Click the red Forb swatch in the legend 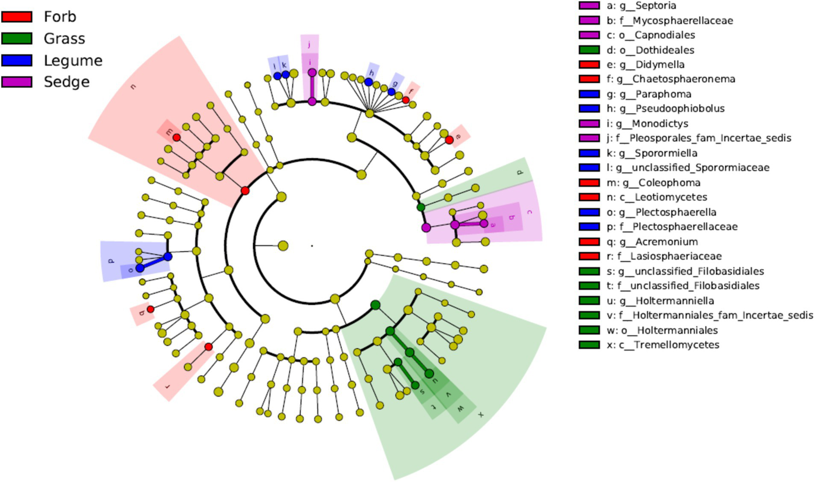tap(16, 17)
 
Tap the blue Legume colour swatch tap(16, 61)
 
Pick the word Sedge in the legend tap(66, 82)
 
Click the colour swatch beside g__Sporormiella tap(589, 153)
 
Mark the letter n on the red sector tap(133, 86)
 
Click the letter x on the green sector tap(481, 414)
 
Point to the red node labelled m tap(176, 138)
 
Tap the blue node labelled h tap(368, 82)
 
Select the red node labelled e tap(449, 140)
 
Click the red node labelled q tap(150, 309)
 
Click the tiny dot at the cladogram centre tap(312, 246)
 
